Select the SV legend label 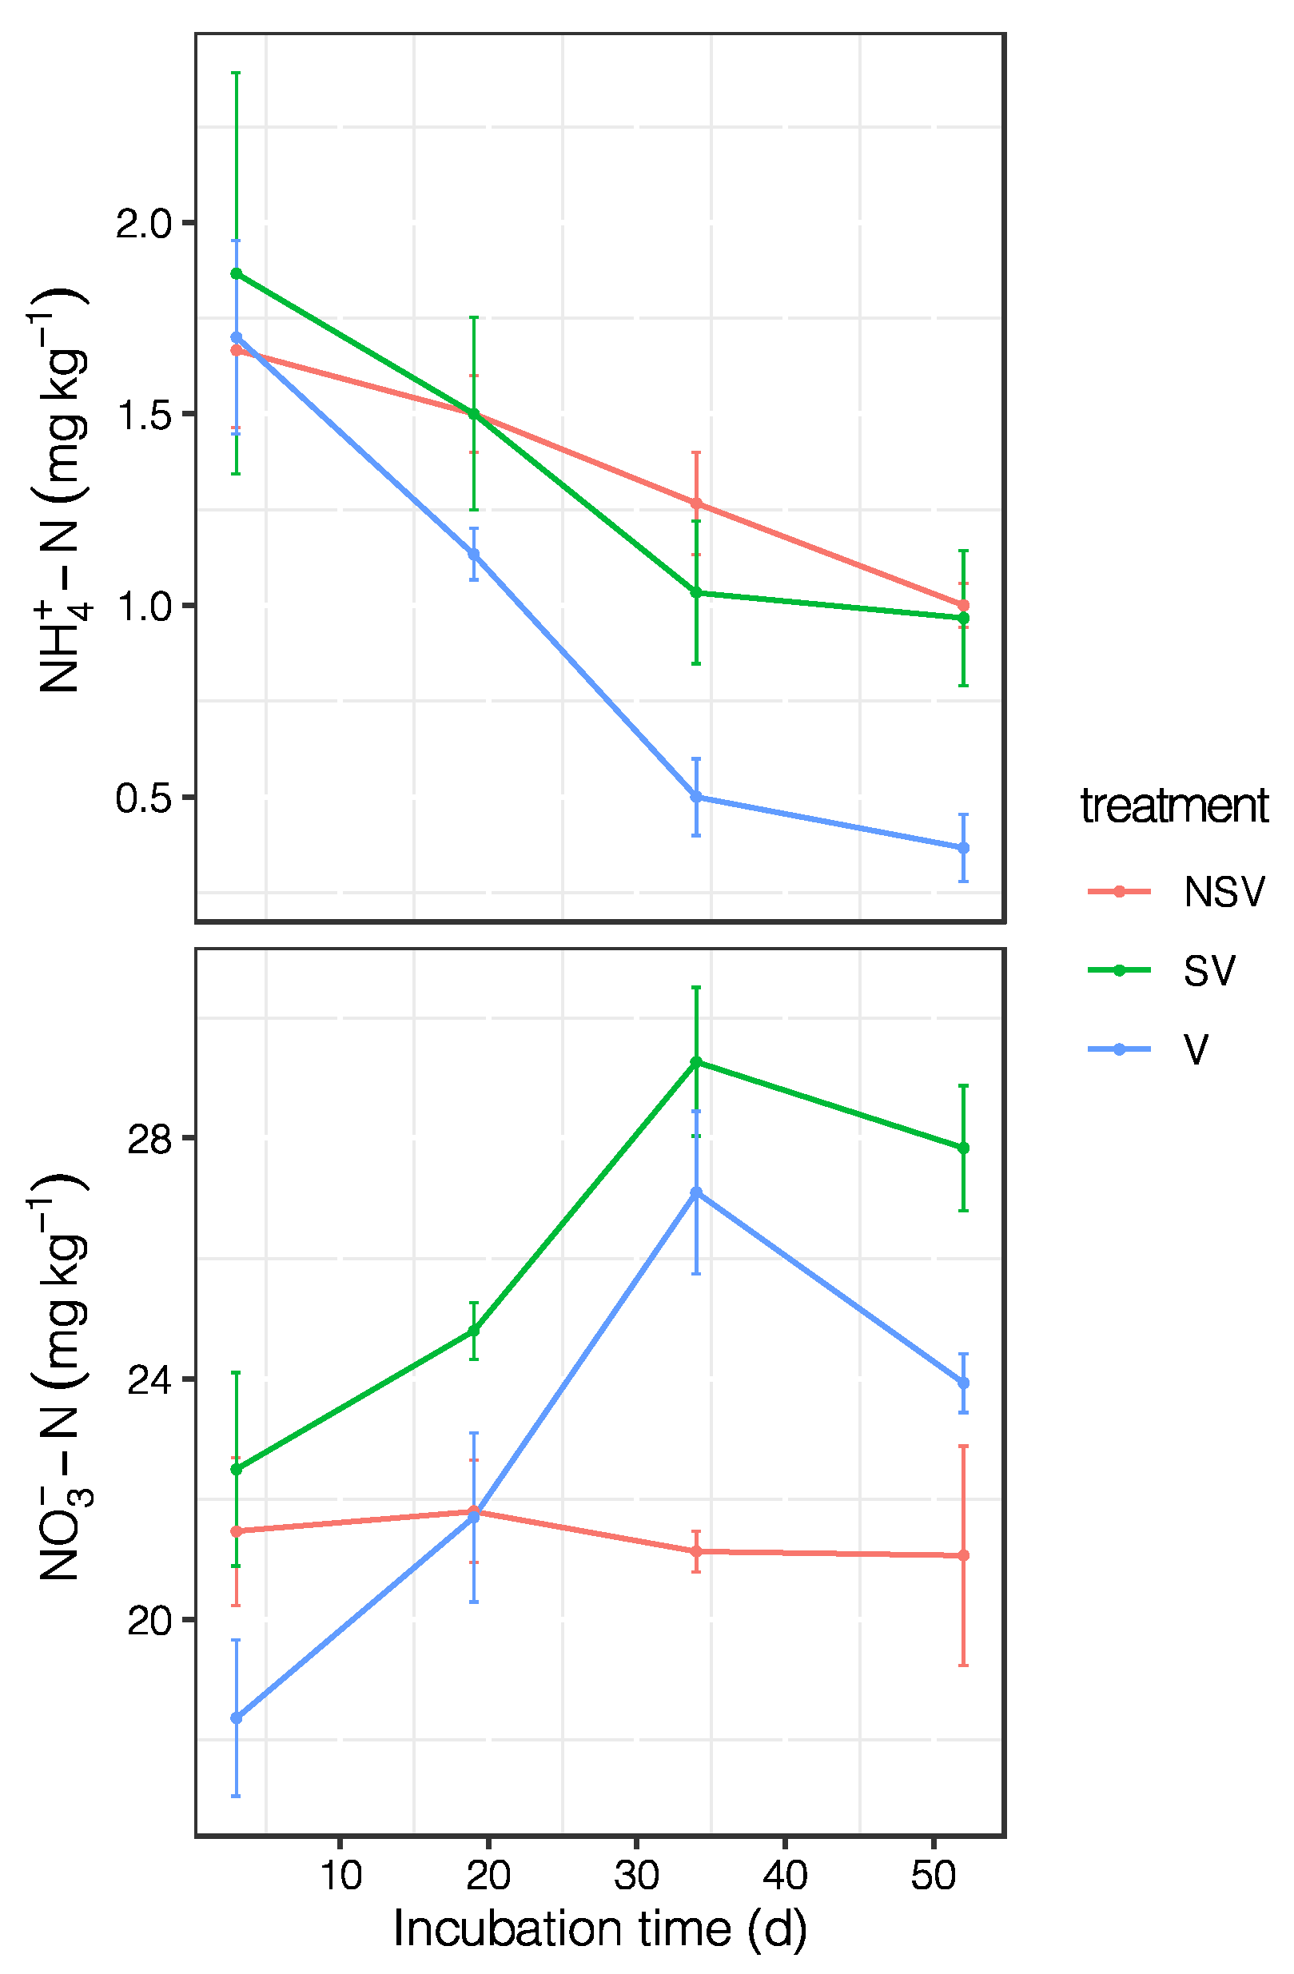pyautogui.click(x=1208, y=970)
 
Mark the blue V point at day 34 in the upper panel pyautogui.click(x=696, y=797)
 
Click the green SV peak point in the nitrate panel pyautogui.click(x=696, y=1061)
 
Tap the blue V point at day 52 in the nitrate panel pyautogui.click(x=963, y=1383)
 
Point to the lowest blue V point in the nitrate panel pyautogui.click(x=237, y=1718)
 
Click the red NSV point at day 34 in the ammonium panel pyautogui.click(x=696, y=503)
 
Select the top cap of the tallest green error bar pyautogui.click(x=237, y=73)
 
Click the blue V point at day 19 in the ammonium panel pyautogui.click(x=474, y=554)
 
